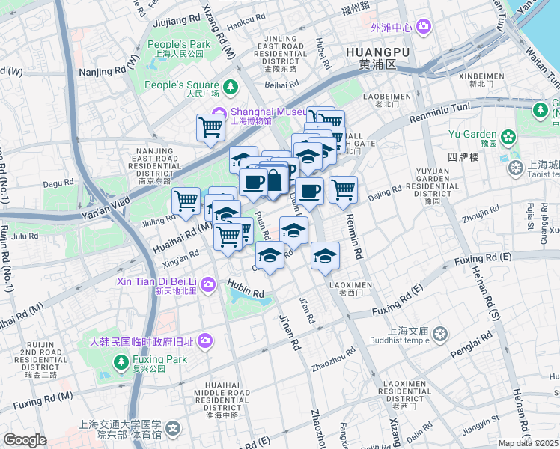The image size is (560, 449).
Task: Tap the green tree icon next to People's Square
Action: (231, 86)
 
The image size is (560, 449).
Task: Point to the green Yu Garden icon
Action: (509, 136)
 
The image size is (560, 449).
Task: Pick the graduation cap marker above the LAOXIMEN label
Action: (325, 257)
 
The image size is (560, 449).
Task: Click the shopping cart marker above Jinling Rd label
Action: (186, 200)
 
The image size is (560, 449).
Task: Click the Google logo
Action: (25, 440)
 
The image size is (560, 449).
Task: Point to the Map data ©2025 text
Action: (528, 443)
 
